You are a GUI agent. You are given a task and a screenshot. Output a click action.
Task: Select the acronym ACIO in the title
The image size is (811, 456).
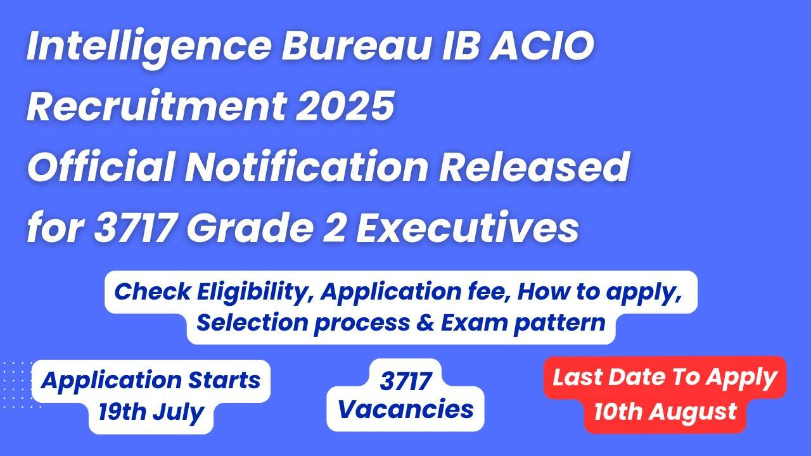tap(542, 46)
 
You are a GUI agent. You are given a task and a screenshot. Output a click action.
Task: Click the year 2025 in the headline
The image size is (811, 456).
tap(345, 106)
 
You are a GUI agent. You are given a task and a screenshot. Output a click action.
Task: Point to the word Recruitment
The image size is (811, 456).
tap(156, 106)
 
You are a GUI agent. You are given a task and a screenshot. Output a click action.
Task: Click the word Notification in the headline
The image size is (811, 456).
tap(307, 167)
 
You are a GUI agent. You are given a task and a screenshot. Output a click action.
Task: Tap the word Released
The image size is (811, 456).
tap(535, 167)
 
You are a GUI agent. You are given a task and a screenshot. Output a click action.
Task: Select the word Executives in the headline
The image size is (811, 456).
tap(468, 228)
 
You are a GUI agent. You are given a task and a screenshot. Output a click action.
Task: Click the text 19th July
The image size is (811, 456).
tap(151, 412)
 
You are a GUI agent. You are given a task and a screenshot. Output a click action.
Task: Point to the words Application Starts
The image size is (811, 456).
tap(151, 380)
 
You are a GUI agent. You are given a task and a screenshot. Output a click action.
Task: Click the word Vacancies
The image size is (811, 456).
tap(405, 409)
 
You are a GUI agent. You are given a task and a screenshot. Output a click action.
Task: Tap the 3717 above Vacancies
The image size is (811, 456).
tap(405, 381)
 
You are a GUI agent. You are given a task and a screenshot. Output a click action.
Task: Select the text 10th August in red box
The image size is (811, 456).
tap(665, 412)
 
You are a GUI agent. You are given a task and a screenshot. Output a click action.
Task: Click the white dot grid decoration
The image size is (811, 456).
tap(20, 384)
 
